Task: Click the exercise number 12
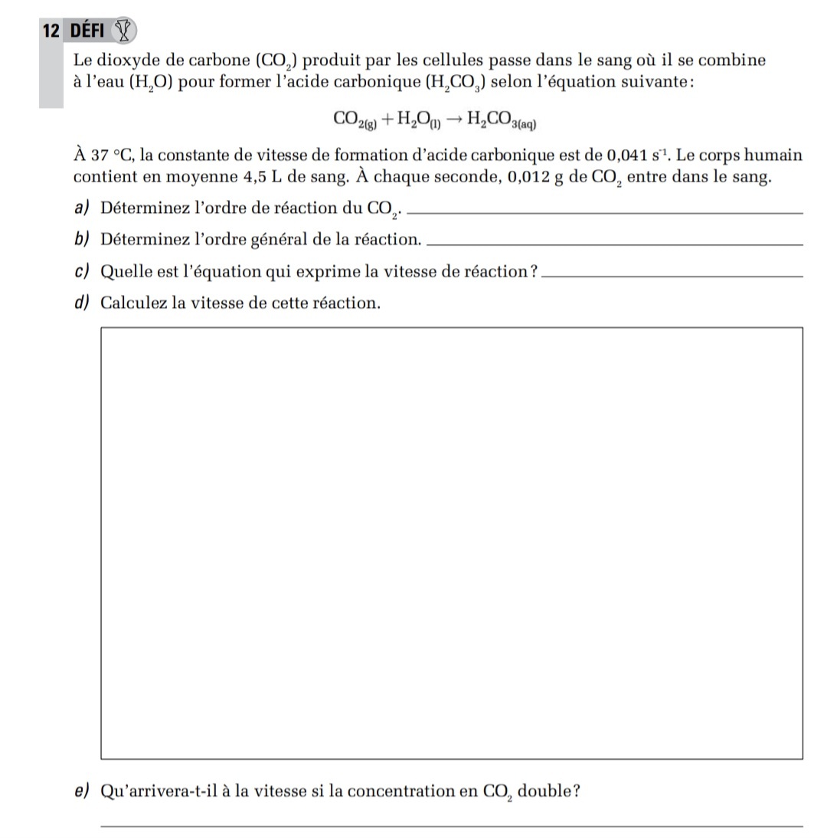coord(51,31)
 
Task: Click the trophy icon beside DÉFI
coord(123,31)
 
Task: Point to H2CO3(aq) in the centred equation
coord(505,119)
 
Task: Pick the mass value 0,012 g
coord(529,178)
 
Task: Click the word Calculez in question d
coord(134,302)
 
